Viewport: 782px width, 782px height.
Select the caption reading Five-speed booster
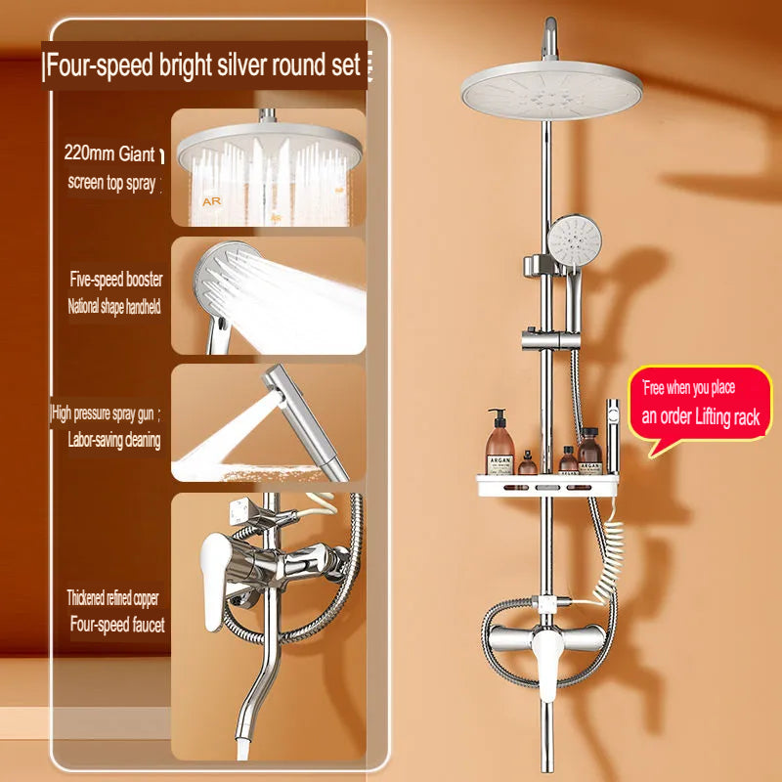pyautogui.click(x=116, y=280)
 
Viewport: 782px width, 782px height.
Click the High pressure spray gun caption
pyautogui.click(x=106, y=413)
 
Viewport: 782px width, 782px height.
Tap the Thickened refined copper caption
pyautogui.click(x=112, y=597)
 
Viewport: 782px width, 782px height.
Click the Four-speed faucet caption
pyautogui.click(x=116, y=623)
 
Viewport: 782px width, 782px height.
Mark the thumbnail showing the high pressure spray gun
pyautogui.click(x=268, y=422)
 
